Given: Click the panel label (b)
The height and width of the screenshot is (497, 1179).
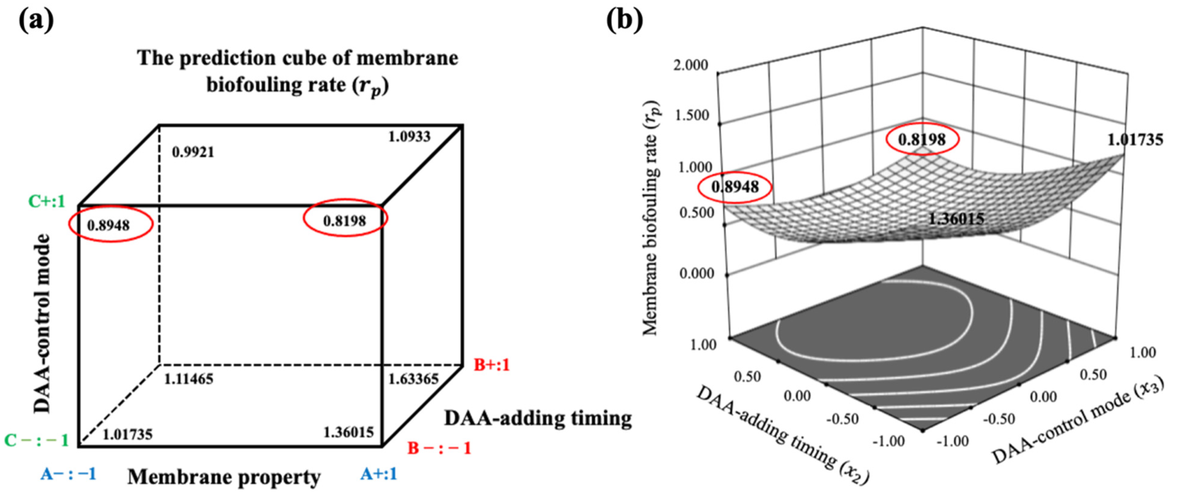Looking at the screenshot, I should coord(624,21).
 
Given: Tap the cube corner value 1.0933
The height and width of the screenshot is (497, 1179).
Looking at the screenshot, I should coord(409,136).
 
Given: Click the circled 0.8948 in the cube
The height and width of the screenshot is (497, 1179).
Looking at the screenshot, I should coord(108,225).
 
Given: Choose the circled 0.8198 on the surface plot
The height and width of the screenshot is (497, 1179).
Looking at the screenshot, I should coord(922,139).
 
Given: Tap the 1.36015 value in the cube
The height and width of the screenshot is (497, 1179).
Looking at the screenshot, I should coord(348,432).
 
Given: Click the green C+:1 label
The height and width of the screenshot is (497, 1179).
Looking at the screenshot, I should coord(47,201).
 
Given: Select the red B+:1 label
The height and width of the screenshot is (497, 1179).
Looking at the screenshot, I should coord(491,365).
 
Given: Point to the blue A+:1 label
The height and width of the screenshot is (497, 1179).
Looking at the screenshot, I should coord(379,474).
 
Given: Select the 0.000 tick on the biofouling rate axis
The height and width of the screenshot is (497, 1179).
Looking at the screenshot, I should coord(697,274).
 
